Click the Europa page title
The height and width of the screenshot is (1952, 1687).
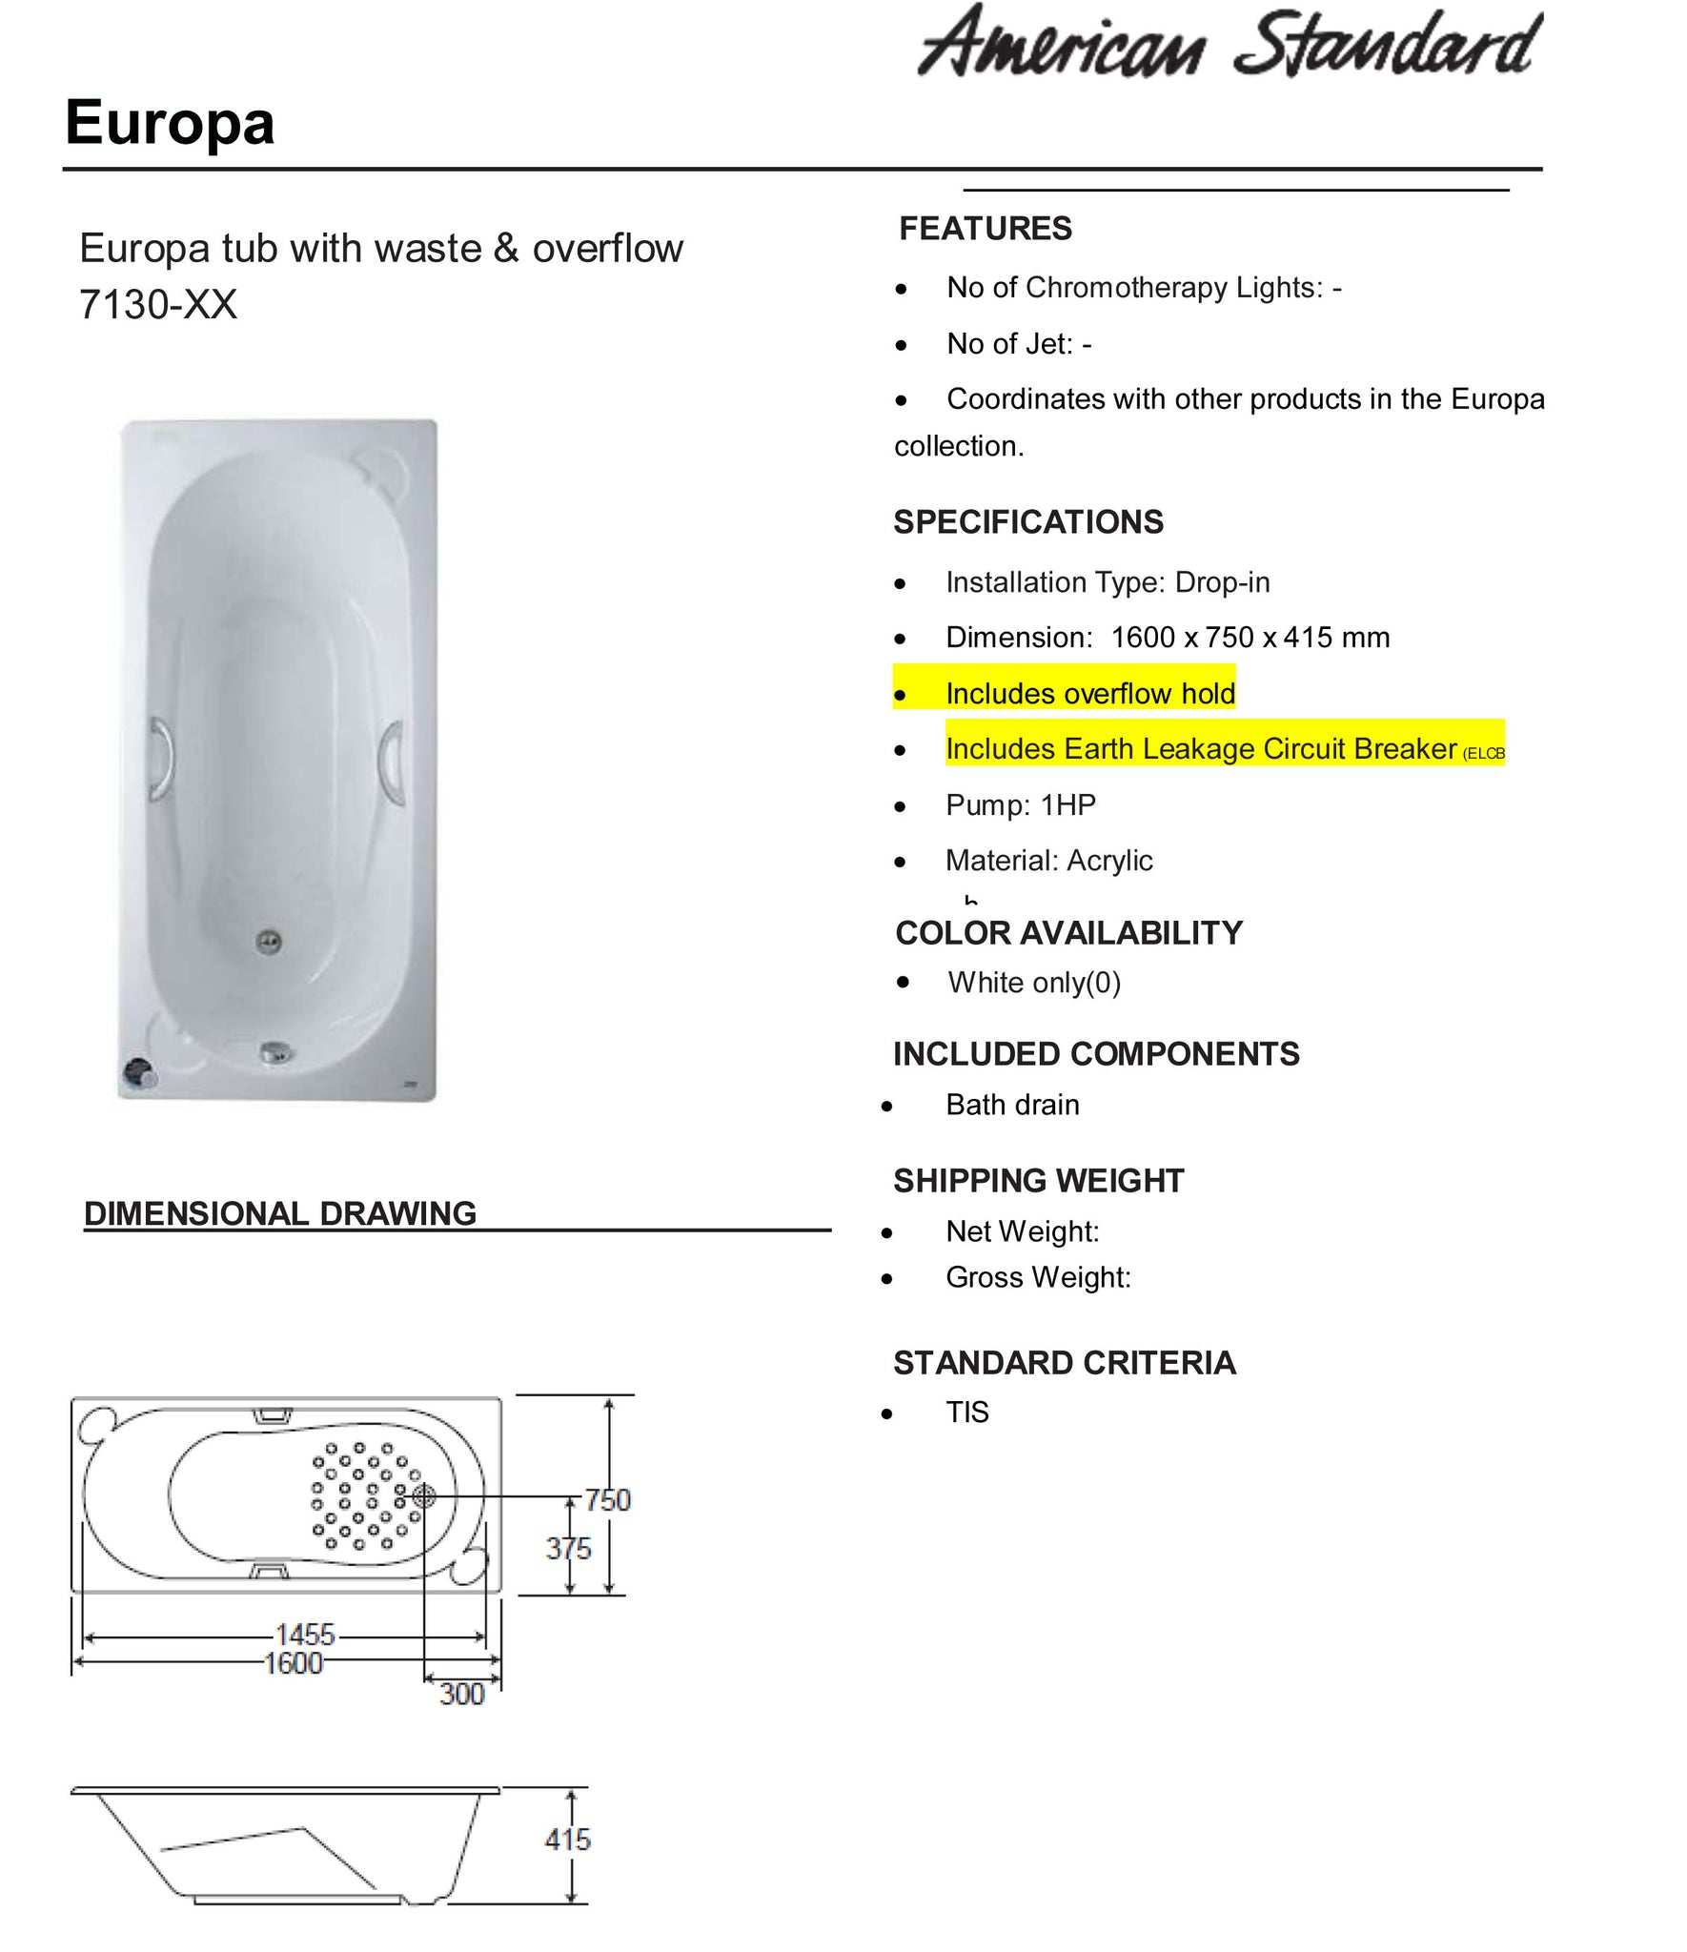tap(170, 123)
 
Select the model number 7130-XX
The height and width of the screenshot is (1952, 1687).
tap(158, 305)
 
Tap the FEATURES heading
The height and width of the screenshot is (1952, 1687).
tap(985, 229)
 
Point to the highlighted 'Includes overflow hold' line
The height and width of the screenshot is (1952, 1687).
tap(1089, 693)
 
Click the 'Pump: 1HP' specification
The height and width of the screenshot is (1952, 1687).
tap(1020, 805)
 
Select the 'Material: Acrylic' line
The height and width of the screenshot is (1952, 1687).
tap(1048, 861)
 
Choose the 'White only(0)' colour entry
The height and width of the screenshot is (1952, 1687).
tap(1034, 983)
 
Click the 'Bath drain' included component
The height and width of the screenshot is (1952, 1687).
tap(1012, 1105)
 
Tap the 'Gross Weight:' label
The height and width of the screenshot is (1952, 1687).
tap(1038, 1277)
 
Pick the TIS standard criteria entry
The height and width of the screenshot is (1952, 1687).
tap(966, 1412)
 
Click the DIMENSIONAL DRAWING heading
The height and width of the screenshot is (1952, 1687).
tap(280, 1213)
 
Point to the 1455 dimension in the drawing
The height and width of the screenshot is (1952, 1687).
tap(305, 1635)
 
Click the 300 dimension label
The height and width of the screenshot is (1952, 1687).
tap(462, 1694)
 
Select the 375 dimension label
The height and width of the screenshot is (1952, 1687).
tap(568, 1549)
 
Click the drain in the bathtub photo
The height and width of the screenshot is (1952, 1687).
tap(270, 943)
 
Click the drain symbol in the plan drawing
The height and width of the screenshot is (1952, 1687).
tap(423, 1496)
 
